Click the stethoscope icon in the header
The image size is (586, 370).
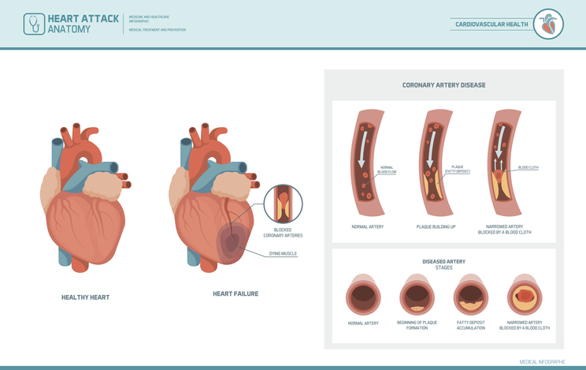click(34, 24)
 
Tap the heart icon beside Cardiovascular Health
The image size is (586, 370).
click(549, 24)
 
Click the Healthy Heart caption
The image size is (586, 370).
click(86, 297)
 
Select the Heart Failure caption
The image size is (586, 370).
click(236, 293)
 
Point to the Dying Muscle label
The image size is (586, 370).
click(283, 254)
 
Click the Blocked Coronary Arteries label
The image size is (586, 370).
click(283, 233)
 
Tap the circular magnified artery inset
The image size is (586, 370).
click(283, 204)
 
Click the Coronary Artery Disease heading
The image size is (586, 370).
click(443, 85)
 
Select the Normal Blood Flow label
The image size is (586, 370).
click(387, 169)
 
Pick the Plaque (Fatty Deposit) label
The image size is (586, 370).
click(457, 169)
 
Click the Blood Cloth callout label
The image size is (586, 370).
click(528, 167)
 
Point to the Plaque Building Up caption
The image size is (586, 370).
click(436, 227)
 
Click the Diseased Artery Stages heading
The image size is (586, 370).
click(443, 264)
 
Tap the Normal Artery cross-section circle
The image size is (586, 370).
click(363, 297)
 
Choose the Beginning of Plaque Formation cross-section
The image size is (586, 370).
click(417, 297)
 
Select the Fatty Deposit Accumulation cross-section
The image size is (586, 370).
click(471, 297)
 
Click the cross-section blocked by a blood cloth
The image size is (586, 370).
click(525, 297)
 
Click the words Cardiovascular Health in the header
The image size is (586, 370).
click(491, 24)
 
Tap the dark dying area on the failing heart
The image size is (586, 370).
click(231, 243)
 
